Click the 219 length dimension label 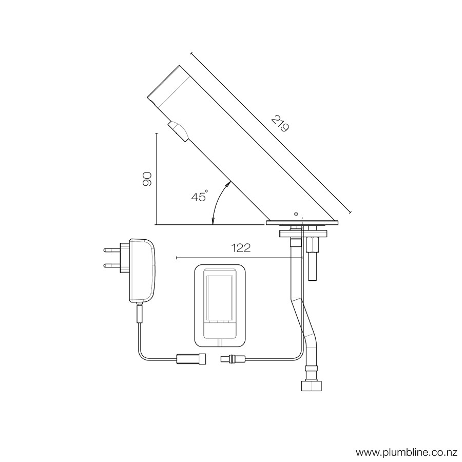[x=280, y=124]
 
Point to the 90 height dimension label [x=147, y=179]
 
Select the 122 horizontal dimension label [x=241, y=248]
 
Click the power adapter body [x=142, y=271]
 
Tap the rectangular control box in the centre [x=220, y=306]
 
